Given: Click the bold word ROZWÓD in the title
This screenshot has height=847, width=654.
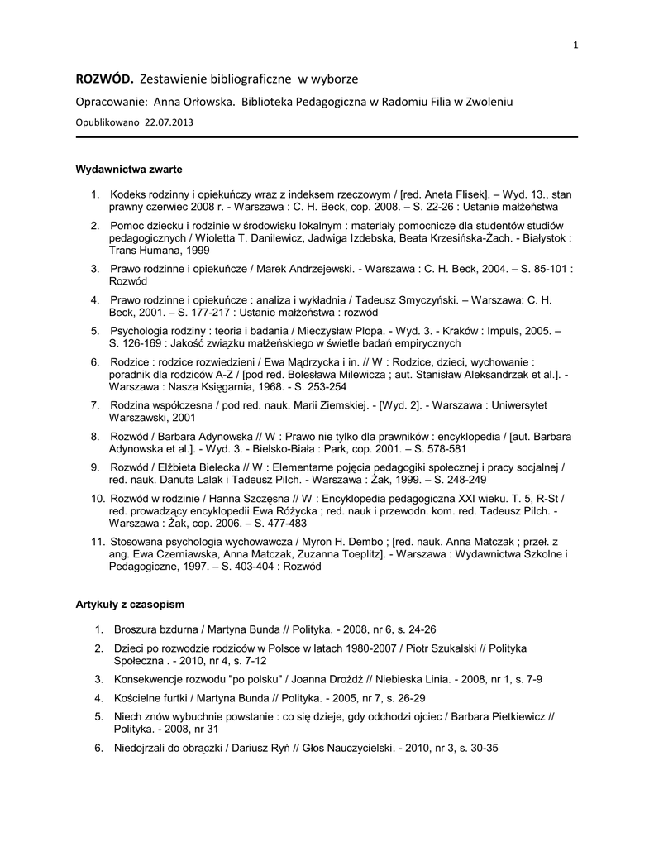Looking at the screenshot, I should pos(104,79).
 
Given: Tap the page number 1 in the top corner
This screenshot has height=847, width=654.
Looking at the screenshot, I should pos(575,45).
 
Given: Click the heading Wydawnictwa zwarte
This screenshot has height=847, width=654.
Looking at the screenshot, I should pos(129,169).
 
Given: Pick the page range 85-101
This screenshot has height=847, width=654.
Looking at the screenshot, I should pos(547,269).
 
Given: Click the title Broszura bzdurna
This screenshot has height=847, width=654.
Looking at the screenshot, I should pos(155,629).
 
